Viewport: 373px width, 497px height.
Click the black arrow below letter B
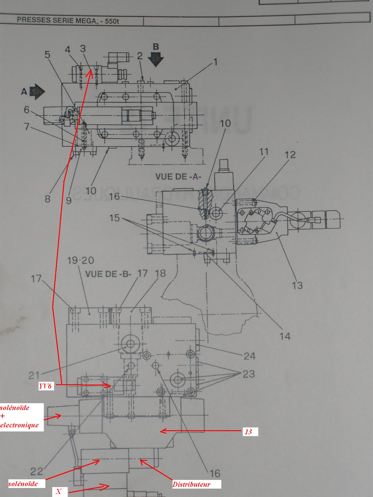point(156,59)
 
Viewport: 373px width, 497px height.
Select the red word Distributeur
point(191,484)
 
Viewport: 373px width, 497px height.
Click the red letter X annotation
point(58,491)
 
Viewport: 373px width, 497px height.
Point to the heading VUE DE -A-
point(178,176)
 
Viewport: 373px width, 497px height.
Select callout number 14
point(285,336)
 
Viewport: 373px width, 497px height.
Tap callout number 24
point(249,356)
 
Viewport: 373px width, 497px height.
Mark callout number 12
point(290,154)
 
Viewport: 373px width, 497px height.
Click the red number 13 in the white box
point(249,431)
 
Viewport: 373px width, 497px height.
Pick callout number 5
point(47,55)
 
